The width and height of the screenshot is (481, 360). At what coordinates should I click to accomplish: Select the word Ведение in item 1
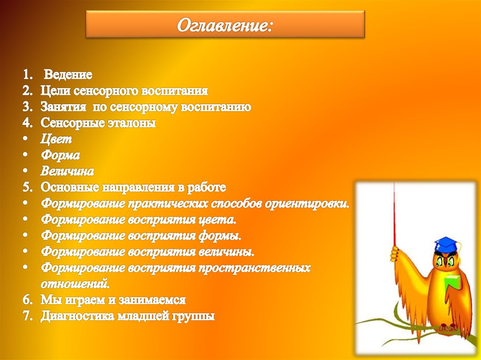[x=68, y=75]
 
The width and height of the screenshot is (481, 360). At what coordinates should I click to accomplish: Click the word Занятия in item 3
[x=63, y=107]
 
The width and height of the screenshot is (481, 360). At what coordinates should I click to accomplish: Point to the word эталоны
[x=132, y=123]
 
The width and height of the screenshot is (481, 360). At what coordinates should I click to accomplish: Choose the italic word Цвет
[x=56, y=139]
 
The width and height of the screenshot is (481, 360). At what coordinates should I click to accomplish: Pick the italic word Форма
[x=60, y=155]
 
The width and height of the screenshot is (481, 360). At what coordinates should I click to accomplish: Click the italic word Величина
[x=67, y=171]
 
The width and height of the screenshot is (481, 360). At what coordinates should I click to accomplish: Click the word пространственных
[x=254, y=268]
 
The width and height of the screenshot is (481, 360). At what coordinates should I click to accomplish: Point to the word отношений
[x=75, y=283]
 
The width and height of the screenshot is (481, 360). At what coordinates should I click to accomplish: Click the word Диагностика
[x=79, y=316]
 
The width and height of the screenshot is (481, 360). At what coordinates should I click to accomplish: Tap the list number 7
[x=27, y=316]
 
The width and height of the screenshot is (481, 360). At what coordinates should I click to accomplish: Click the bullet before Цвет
[x=26, y=139]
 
